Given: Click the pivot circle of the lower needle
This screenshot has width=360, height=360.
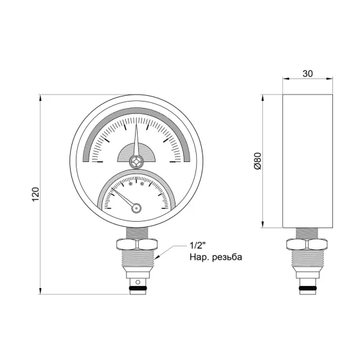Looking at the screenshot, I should [x=135, y=207].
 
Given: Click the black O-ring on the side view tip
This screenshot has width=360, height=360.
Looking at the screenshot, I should [x=306, y=287].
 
